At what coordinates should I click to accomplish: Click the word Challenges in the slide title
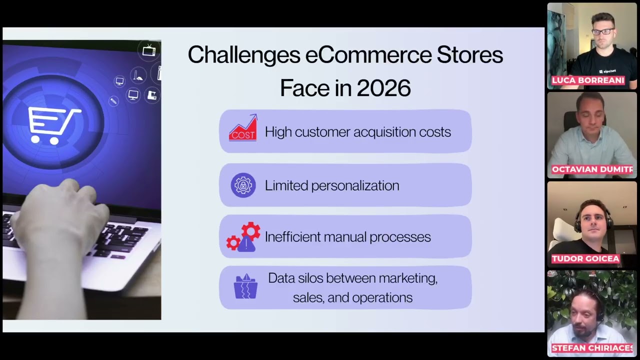pos(243,55)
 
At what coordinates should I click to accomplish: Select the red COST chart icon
pos(243,128)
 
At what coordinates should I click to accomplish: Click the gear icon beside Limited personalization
pos(243,185)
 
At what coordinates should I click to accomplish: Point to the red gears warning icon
pos(243,237)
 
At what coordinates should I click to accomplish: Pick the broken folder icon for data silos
pos(245,286)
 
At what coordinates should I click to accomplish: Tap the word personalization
pos(355,185)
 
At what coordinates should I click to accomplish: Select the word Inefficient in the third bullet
pos(292,236)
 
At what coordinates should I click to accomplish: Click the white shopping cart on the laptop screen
pos(53,123)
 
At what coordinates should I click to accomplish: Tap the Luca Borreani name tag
pos(588,80)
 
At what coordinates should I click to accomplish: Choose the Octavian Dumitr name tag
pos(592,169)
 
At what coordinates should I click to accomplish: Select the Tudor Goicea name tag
pos(578,258)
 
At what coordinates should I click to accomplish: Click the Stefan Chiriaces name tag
pos(592,348)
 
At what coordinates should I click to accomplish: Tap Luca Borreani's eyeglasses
pos(602,31)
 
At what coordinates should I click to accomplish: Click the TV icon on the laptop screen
pos(149,50)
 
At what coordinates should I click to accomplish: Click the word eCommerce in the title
pos(368,55)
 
